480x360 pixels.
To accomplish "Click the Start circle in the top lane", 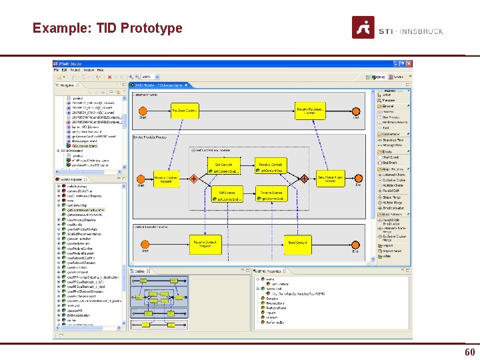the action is [x=142, y=111].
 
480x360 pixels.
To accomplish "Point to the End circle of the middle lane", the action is [x=358, y=178].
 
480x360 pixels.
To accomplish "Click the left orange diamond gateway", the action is [x=193, y=178].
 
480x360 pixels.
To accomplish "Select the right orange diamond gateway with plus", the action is [x=304, y=178].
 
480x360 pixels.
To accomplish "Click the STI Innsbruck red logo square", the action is [x=363, y=27].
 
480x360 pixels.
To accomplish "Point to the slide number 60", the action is [x=469, y=351].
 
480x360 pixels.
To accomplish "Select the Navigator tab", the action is [x=67, y=85].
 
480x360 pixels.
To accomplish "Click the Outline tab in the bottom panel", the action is [x=140, y=271].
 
